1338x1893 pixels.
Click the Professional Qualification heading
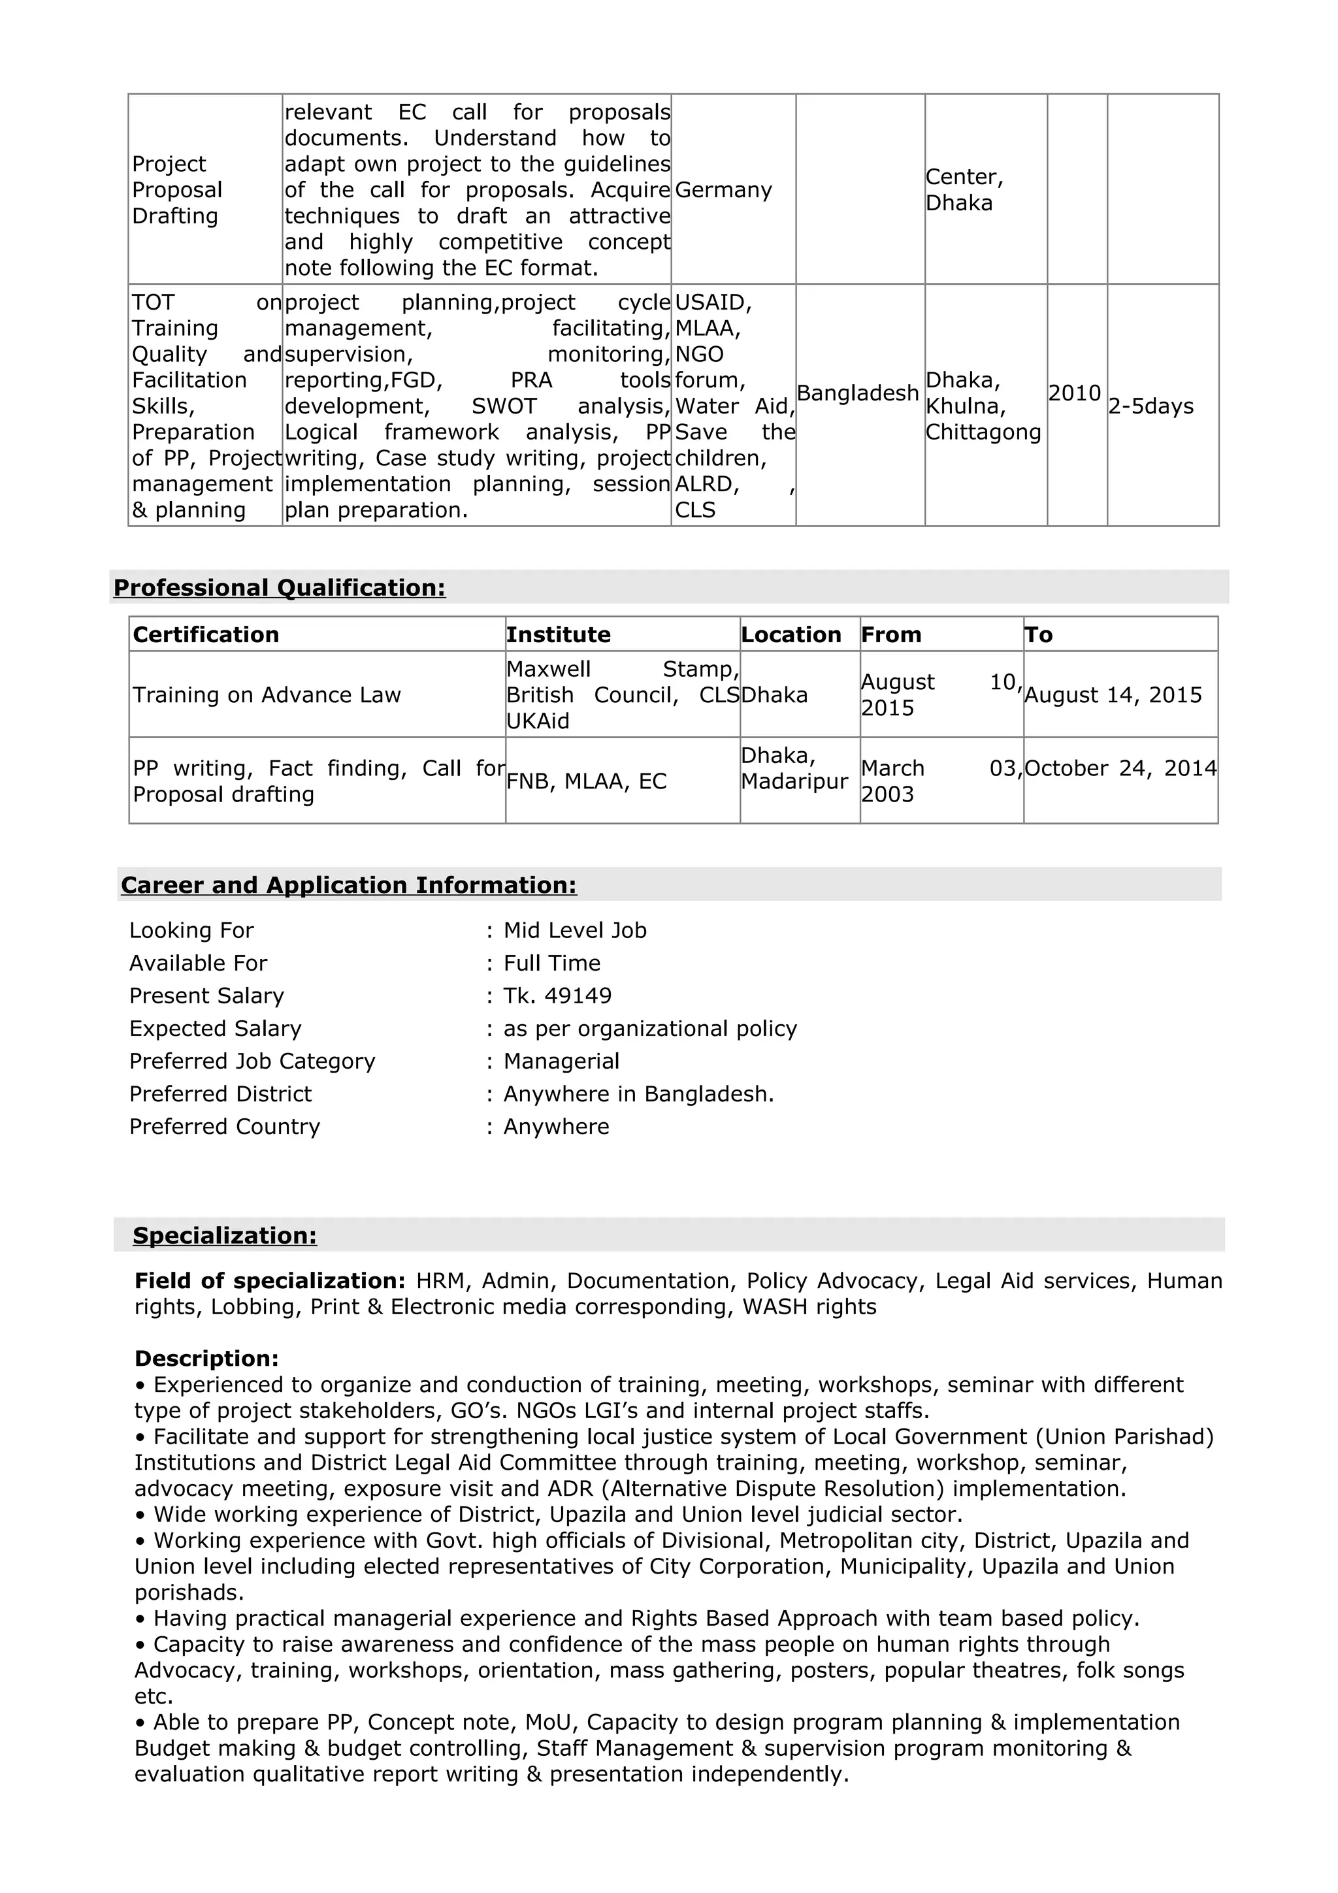pos(279,587)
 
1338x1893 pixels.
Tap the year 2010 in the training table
pos(1074,393)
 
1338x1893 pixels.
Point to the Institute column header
pos(558,634)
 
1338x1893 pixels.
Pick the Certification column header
pos(205,634)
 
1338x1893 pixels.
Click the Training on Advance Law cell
pos(267,695)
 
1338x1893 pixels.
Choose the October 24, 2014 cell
pos(1120,768)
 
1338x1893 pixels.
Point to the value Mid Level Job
pos(575,930)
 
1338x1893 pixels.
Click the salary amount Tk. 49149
pos(557,996)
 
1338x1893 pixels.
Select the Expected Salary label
pos(215,1028)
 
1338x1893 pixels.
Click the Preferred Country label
pos(224,1126)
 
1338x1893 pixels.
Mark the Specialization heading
pos(224,1235)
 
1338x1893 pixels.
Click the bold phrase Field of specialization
pos(269,1280)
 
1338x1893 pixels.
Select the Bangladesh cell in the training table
pos(857,393)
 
